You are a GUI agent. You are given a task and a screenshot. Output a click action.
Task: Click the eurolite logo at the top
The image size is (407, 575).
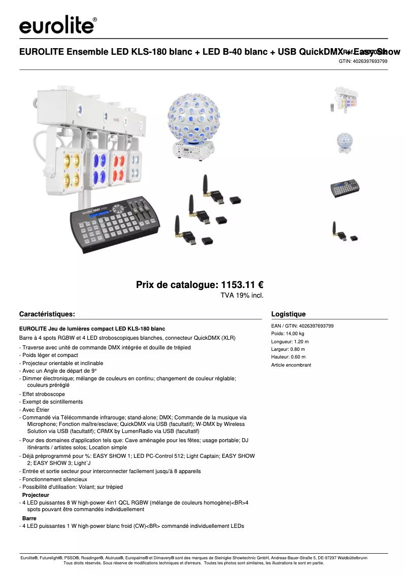58,24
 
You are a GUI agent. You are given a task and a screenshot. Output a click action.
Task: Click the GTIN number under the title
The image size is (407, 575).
363,61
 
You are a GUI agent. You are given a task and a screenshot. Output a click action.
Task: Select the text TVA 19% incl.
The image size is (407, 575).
242,295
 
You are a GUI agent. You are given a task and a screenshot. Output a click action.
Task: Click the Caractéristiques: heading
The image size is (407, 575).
47,314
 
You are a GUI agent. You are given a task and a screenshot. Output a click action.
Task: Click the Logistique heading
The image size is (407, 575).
288,314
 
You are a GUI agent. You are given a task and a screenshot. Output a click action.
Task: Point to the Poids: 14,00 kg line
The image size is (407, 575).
288,334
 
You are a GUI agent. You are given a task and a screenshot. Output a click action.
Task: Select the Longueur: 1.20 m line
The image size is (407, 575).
290,342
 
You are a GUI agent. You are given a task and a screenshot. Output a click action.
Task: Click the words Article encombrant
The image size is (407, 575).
291,365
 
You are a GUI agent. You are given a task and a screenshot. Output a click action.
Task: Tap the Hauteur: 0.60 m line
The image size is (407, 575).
288,357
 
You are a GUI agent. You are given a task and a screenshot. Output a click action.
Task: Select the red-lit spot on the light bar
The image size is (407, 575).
119,165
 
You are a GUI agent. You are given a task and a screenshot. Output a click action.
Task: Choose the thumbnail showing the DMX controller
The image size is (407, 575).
346,189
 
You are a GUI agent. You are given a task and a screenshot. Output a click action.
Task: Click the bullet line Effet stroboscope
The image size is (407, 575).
44,393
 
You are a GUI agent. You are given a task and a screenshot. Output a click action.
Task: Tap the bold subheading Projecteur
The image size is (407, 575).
36,494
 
